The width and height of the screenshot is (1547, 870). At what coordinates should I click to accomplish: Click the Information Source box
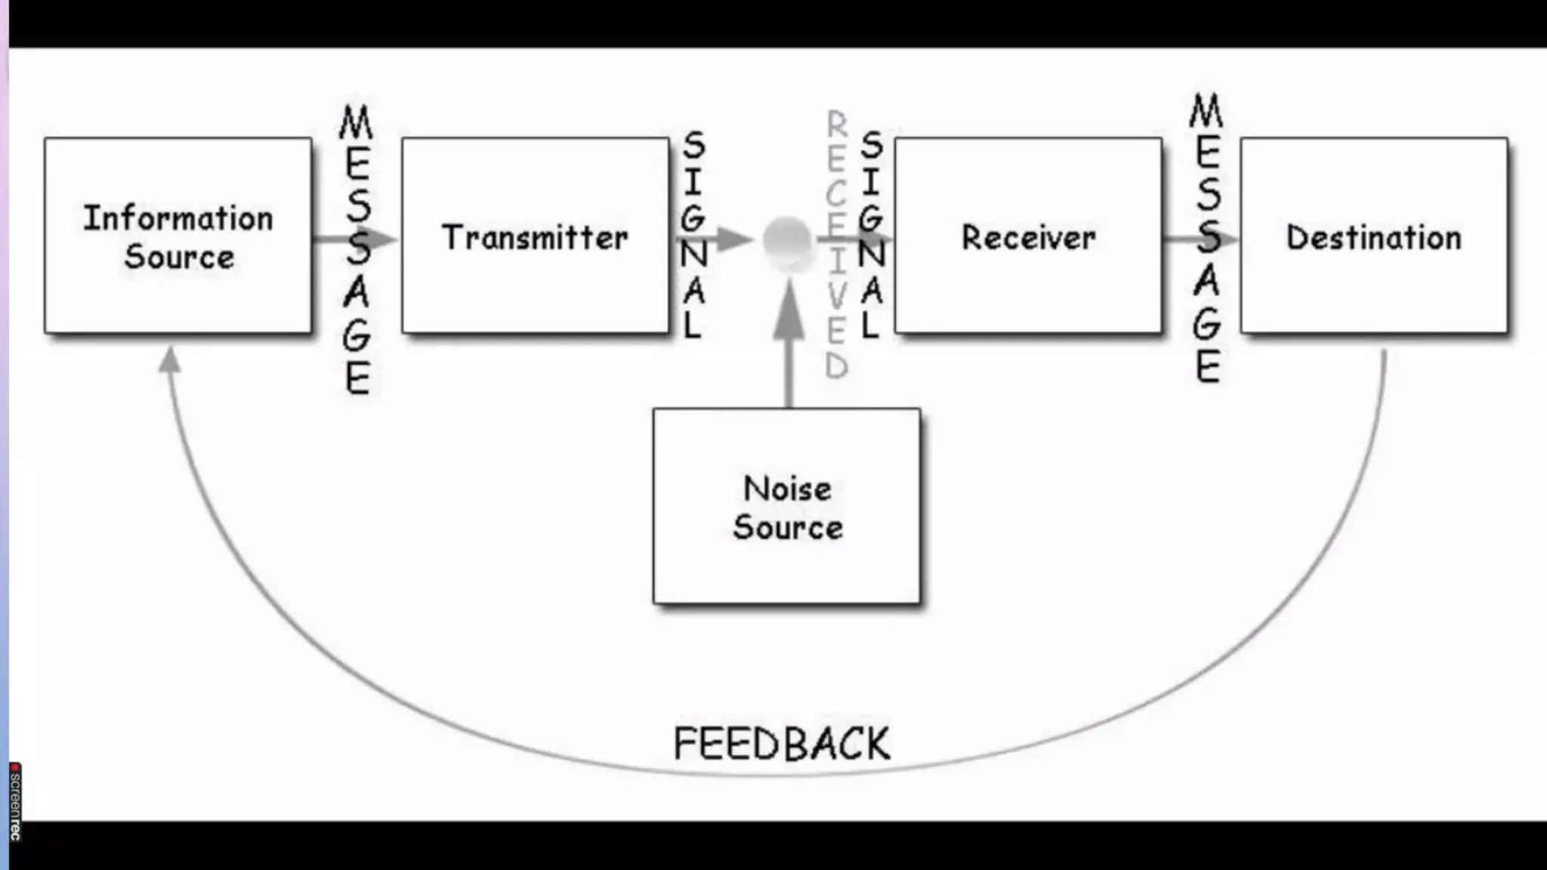tap(178, 236)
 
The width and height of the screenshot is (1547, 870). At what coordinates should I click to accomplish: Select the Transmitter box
tap(535, 236)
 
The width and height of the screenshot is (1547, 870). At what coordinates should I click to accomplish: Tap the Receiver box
tap(1028, 236)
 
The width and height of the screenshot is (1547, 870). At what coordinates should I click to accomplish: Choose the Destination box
tap(1373, 236)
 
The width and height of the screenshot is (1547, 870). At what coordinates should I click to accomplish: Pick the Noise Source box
tap(786, 506)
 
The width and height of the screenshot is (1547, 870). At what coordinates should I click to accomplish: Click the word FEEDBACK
tap(782, 744)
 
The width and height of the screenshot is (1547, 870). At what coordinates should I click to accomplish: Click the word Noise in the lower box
tap(787, 489)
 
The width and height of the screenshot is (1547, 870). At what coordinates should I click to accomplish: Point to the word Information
tap(178, 218)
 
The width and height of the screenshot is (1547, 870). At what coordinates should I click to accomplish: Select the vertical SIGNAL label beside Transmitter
tap(693, 234)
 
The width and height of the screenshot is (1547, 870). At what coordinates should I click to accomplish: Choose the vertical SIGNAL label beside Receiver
tap(872, 234)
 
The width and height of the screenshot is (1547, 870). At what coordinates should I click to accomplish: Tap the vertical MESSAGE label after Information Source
tap(357, 249)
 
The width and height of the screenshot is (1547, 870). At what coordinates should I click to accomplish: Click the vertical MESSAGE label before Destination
tap(1207, 238)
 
